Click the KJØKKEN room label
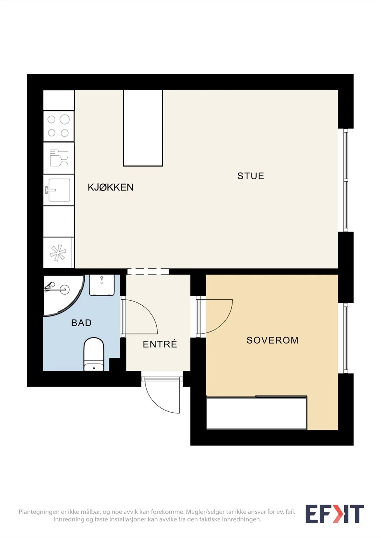[x=110, y=187]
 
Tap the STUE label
[x=251, y=176]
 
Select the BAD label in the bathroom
[x=81, y=323]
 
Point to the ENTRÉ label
[x=160, y=344]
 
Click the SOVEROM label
[x=273, y=340]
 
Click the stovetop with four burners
[x=59, y=126]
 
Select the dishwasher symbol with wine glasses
[x=59, y=158]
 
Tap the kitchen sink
[x=59, y=190]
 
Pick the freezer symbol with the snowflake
[x=58, y=253]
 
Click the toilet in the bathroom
[x=94, y=354]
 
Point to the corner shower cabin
[x=63, y=295]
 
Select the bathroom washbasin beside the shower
[x=102, y=285]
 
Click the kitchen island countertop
[x=143, y=128]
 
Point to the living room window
[x=346, y=180]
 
